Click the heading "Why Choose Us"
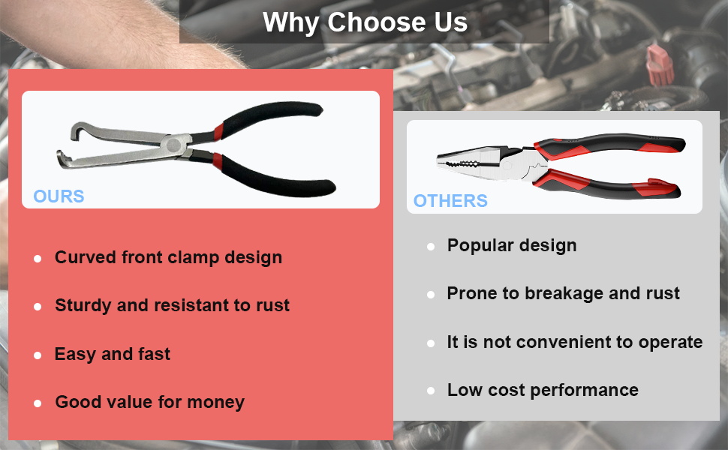coord(365,22)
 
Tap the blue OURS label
coord(59,196)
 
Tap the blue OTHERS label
coord(450,201)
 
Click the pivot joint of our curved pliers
coord(174,145)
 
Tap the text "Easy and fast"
coord(113,355)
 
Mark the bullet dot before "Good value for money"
coord(38,403)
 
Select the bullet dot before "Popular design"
coord(431,246)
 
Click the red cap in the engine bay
coord(659,65)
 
